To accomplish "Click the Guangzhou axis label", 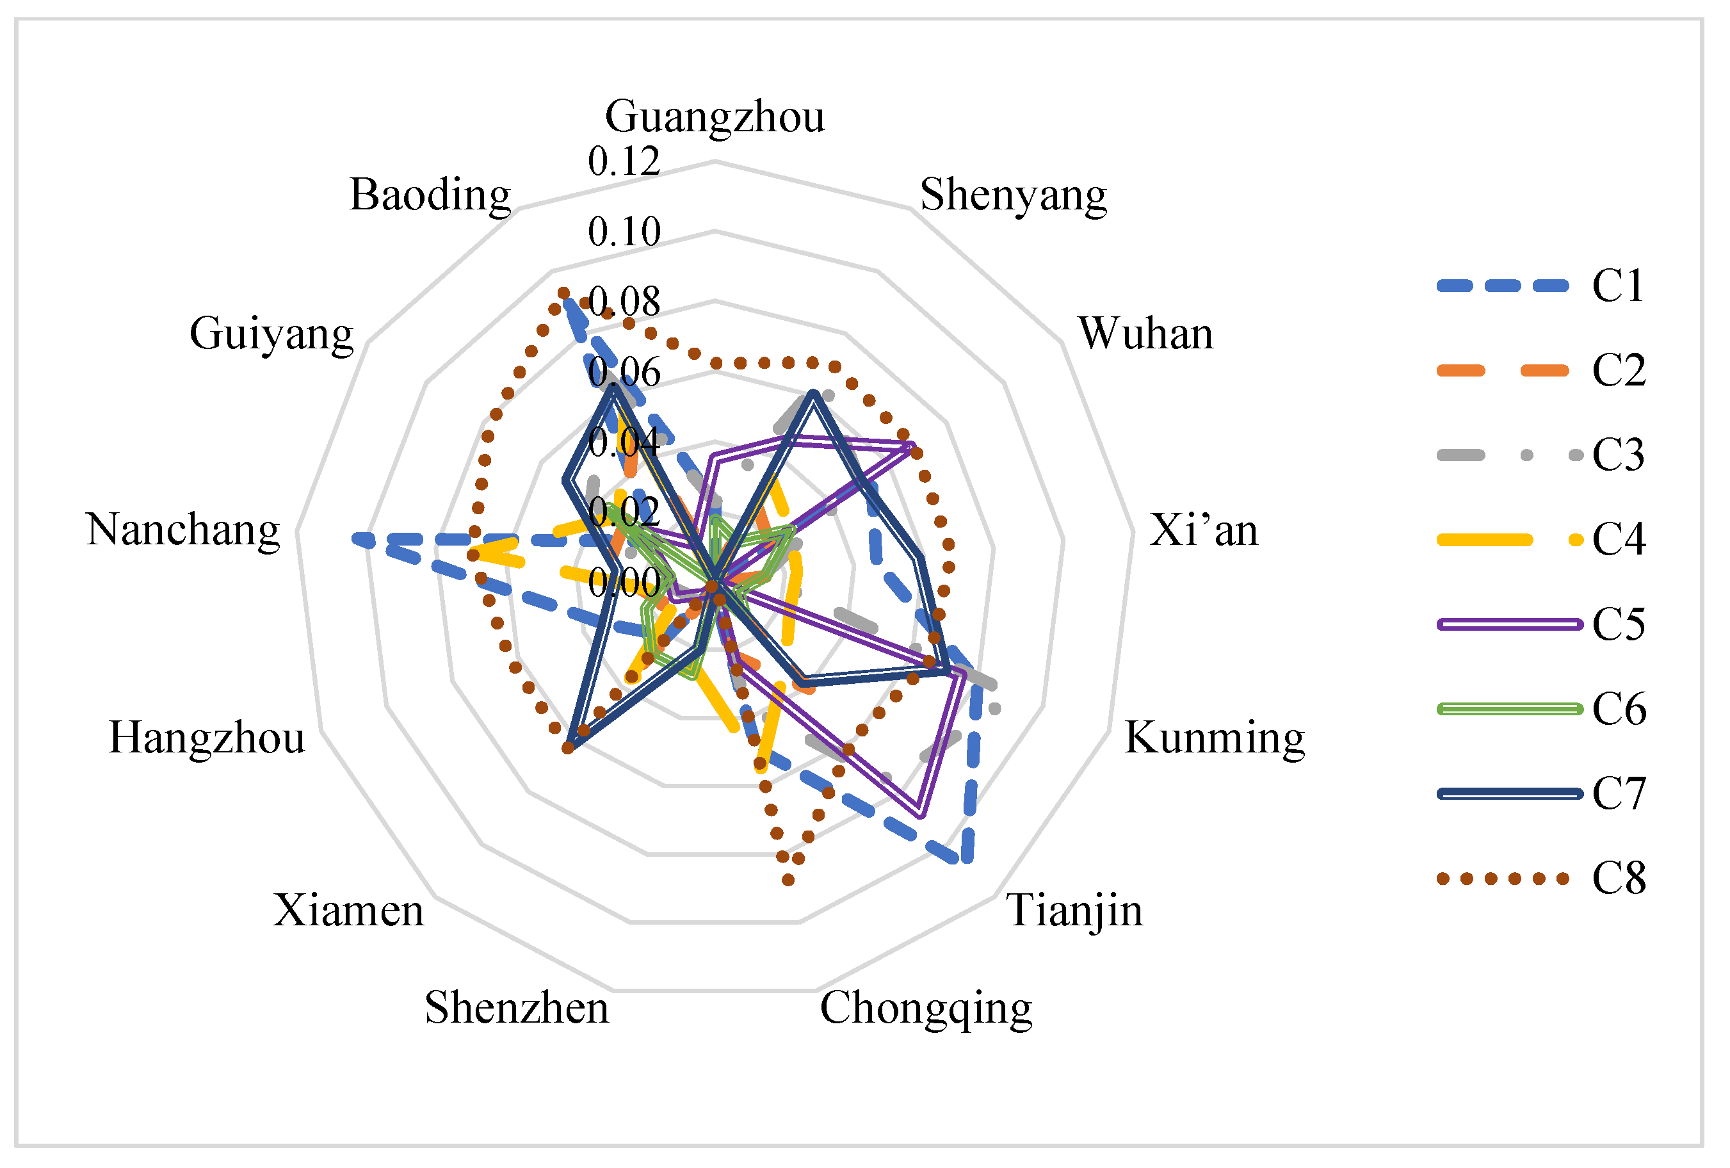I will (715, 117).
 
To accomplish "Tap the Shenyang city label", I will (1013, 195).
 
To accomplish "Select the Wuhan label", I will (1145, 334).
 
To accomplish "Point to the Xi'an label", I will (1203, 531).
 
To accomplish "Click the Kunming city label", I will (1214, 738).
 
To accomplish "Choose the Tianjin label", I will (1074, 911).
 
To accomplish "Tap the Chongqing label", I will (925, 1009).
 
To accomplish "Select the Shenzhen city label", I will (517, 1008).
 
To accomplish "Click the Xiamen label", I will (348, 911).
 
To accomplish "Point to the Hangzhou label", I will (207, 738).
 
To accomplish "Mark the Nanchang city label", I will (183, 530).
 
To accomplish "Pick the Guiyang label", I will (271, 334).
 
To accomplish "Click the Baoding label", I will (430, 195).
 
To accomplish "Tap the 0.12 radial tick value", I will (624, 161).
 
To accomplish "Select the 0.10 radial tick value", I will (624, 232).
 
